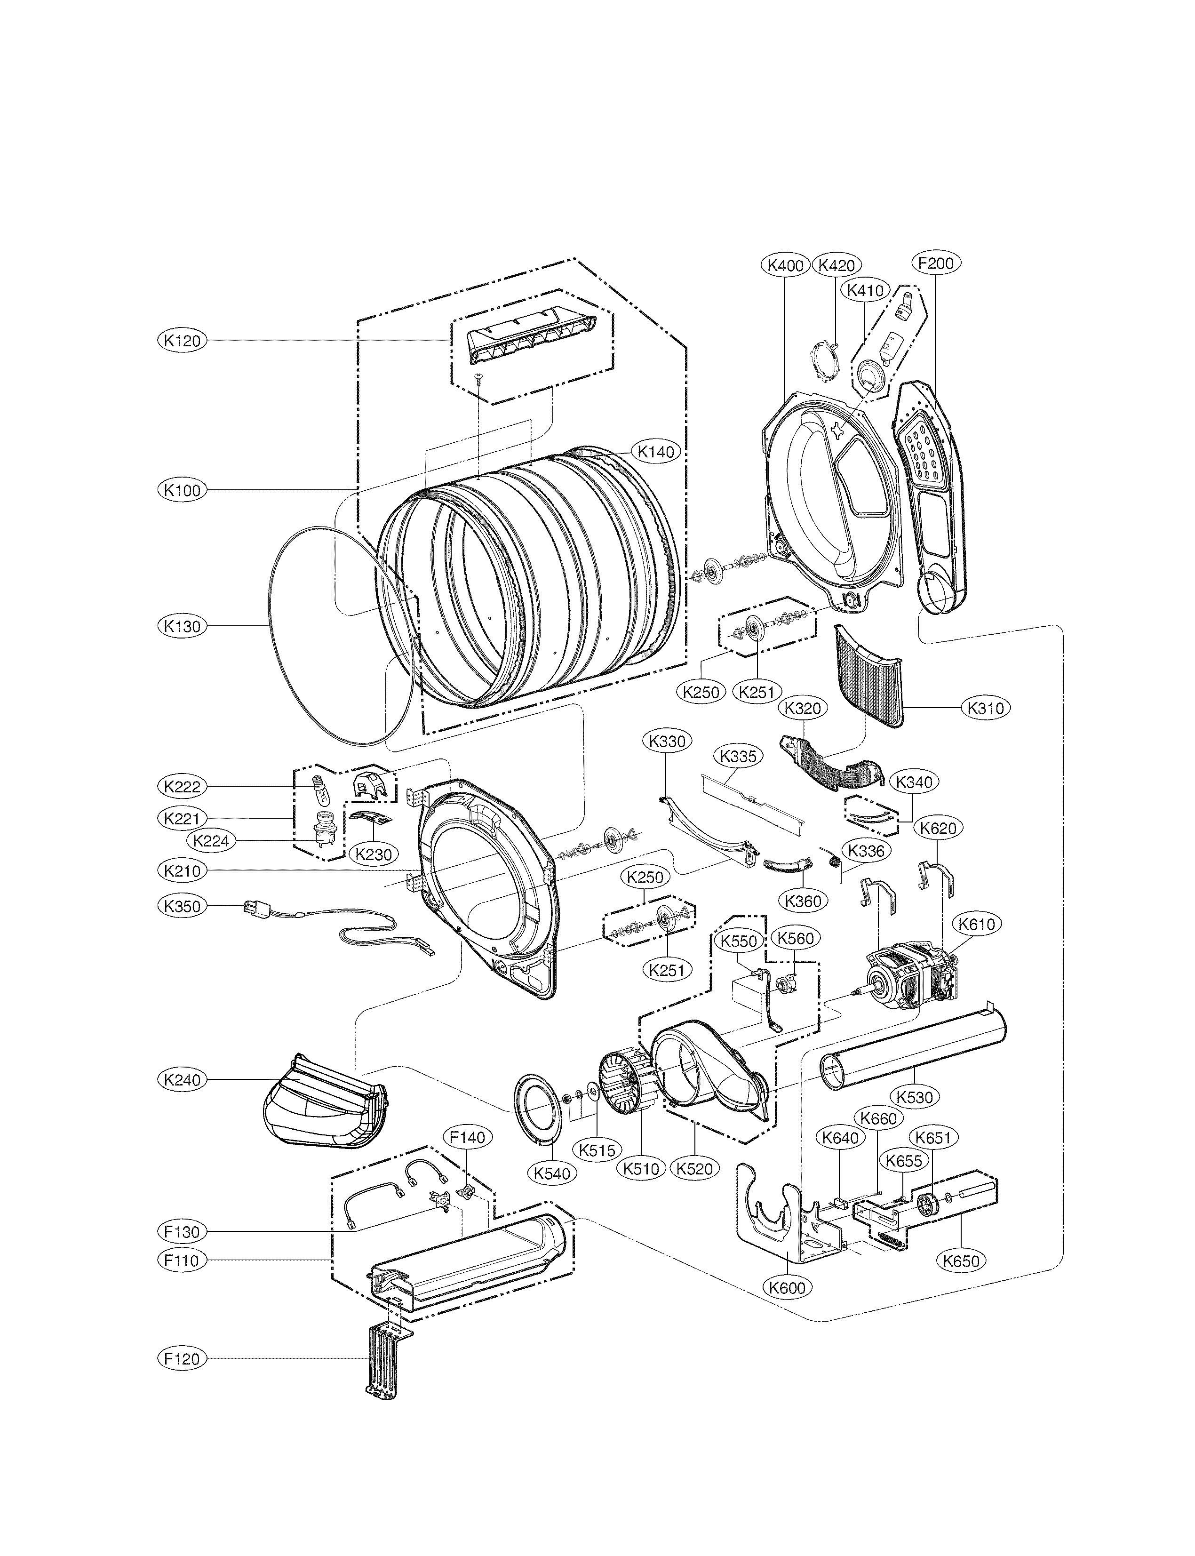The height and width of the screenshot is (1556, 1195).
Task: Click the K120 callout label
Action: (x=182, y=341)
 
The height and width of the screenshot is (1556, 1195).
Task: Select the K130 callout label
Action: (x=182, y=627)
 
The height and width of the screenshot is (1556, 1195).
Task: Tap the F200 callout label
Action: (x=935, y=263)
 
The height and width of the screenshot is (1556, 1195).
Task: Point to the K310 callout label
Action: (x=985, y=708)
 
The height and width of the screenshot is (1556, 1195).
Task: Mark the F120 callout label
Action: (x=182, y=1358)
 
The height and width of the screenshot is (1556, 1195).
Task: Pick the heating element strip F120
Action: (x=382, y=1352)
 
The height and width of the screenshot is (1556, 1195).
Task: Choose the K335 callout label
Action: (x=738, y=756)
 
